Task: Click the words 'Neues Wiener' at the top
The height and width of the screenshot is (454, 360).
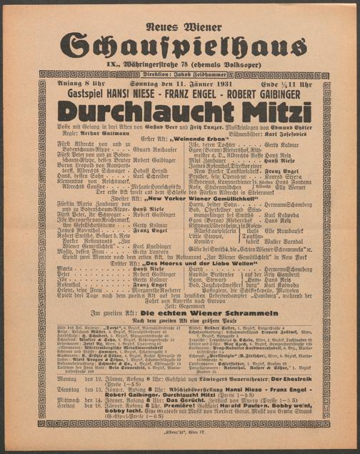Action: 180,26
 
